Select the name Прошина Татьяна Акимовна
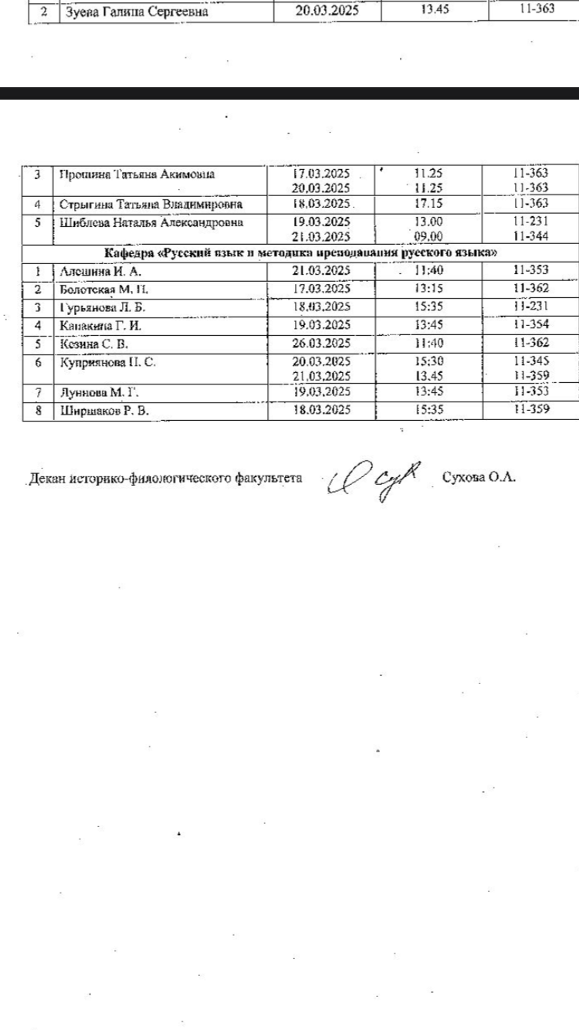click(137, 174)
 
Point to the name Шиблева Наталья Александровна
click(151, 223)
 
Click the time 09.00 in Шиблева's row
click(428, 237)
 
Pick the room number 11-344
click(530, 237)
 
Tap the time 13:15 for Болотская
click(428, 289)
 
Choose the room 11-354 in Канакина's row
click(530, 325)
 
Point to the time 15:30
click(428, 361)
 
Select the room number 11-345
click(530, 361)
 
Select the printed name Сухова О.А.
click(479, 477)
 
